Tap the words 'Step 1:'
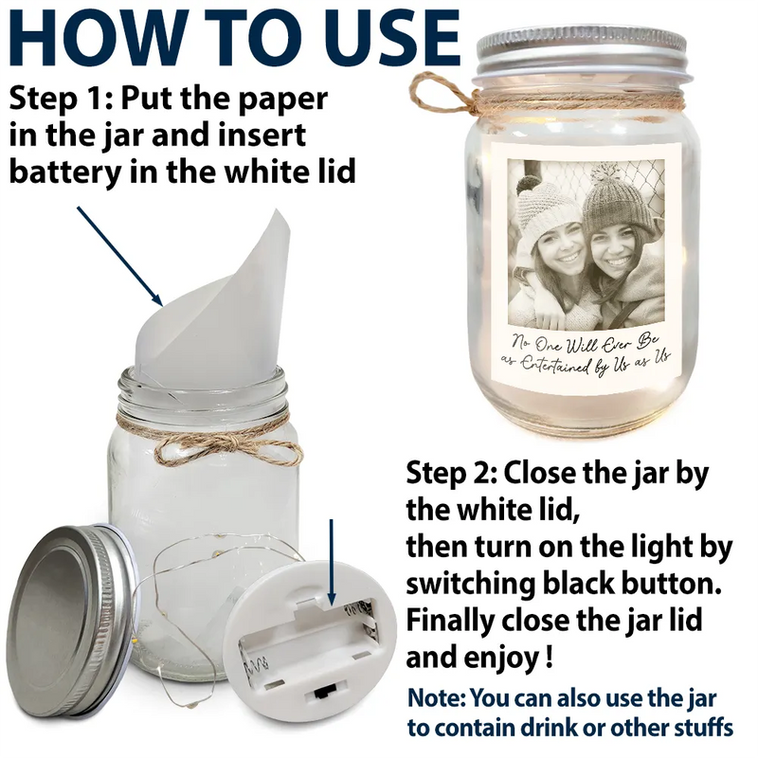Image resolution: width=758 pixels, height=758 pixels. [61, 99]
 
